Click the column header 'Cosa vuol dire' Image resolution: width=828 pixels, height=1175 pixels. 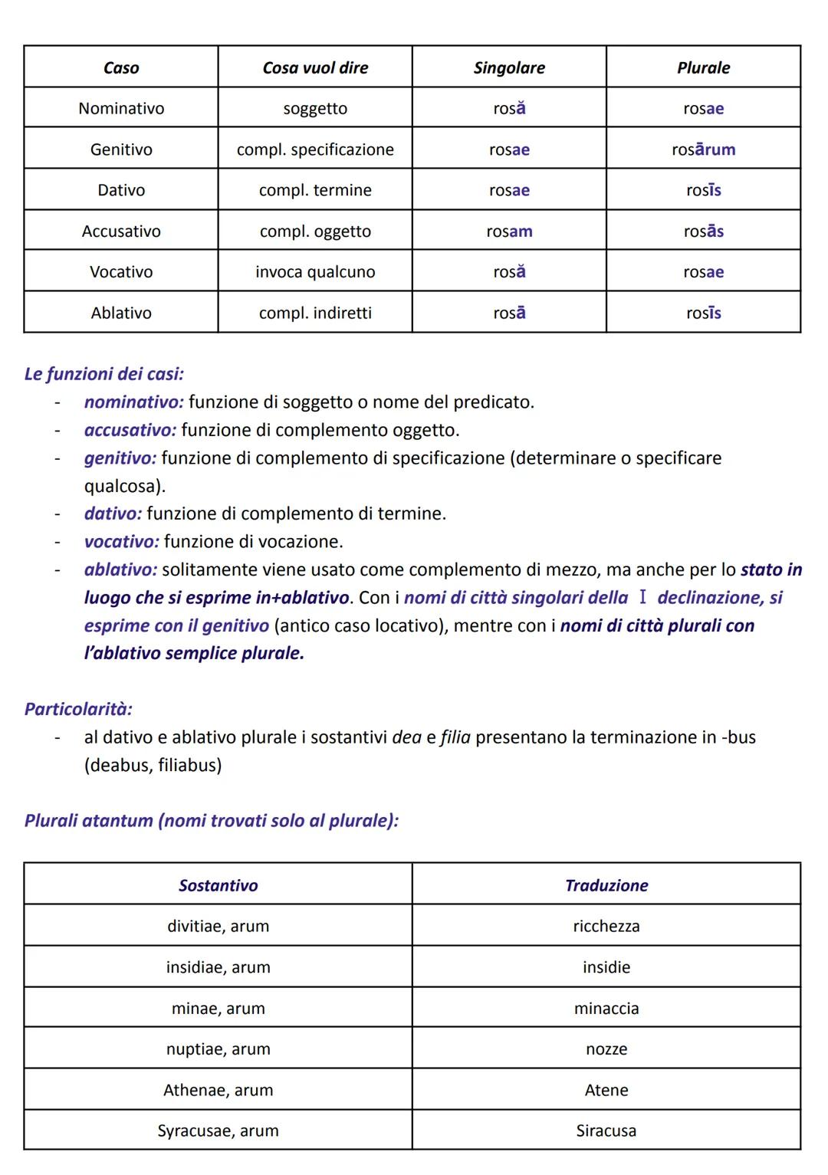[315, 67]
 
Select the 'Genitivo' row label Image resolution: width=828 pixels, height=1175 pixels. [121, 149]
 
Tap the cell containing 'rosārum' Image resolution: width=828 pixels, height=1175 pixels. [703, 149]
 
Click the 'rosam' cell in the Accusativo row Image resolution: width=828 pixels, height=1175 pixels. [509, 231]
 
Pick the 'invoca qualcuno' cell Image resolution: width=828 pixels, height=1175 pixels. [315, 272]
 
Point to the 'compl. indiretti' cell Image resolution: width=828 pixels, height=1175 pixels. [315, 313]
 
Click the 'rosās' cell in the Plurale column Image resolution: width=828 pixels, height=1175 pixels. [703, 231]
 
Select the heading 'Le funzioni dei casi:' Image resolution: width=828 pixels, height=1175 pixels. [103, 374]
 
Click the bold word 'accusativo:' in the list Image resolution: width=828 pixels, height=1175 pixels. [130, 430]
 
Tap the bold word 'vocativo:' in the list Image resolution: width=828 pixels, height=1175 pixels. [121, 542]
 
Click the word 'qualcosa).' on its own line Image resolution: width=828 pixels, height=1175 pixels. [125, 486]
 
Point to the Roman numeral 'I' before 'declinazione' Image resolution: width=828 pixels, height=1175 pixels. [642, 598]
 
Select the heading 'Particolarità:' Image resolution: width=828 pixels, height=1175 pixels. [78, 709]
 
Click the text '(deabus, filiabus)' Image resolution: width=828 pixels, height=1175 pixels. [153, 765]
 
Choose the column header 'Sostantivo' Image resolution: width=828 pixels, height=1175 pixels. [218, 885]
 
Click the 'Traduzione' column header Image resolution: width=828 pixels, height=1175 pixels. [606, 885]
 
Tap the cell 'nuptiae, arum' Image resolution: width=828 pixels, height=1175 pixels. [218, 1049]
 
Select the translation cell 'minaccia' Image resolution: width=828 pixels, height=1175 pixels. [606, 1009]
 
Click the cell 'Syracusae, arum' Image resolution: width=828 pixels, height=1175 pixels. [218, 1131]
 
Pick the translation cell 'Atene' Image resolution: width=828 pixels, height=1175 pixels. [606, 1090]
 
